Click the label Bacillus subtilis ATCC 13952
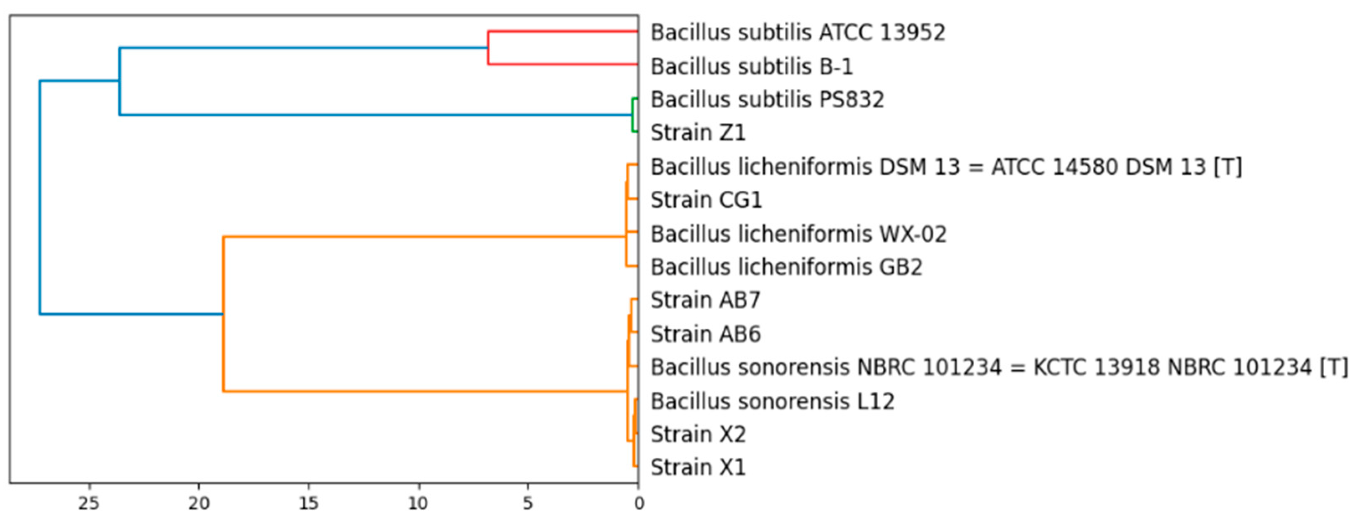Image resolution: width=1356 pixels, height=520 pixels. (x=798, y=33)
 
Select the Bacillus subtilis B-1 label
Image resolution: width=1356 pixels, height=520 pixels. (x=752, y=67)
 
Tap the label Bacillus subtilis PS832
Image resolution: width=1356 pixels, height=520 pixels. (x=768, y=100)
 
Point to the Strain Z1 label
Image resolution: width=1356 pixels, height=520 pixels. (x=698, y=133)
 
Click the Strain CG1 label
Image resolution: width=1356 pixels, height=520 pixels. (x=706, y=200)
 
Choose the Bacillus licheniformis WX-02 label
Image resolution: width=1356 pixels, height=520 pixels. (x=799, y=234)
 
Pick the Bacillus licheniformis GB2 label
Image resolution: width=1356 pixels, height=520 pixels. (x=786, y=267)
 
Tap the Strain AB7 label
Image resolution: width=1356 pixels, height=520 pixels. (x=705, y=300)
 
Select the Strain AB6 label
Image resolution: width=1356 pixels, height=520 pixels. (x=705, y=334)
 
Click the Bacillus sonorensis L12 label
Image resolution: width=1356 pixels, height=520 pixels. (x=772, y=402)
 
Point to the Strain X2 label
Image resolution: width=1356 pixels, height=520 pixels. (x=698, y=435)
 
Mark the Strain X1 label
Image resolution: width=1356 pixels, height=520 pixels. (x=698, y=467)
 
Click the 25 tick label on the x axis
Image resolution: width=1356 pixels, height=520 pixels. (x=89, y=504)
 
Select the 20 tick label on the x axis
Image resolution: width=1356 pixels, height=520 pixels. (x=199, y=504)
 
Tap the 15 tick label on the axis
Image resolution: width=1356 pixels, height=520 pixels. (x=308, y=504)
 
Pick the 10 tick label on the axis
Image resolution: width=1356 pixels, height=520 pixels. (x=419, y=504)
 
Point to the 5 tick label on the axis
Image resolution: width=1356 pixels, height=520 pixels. (x=528, y=504)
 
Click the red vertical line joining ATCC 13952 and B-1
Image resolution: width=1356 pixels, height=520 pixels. (x=488, y=48)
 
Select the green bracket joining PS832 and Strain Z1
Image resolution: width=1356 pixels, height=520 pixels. (x=633, y=115)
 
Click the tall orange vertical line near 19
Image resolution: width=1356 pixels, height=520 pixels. (x=223, y=314)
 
